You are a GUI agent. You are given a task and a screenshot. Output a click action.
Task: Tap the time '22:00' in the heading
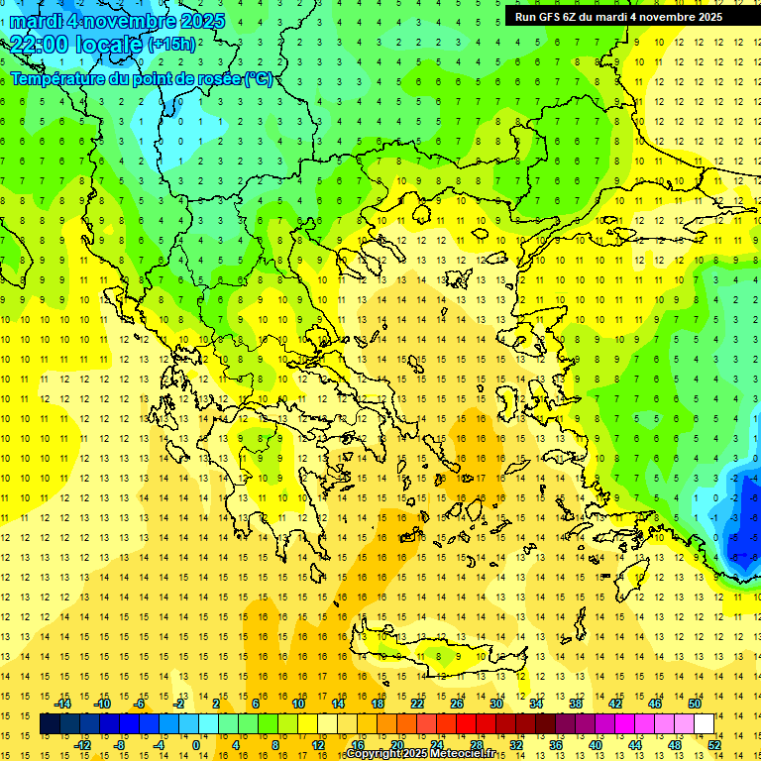pyautogui.click(x=43, y=44)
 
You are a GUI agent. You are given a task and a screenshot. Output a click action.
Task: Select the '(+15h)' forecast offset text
pyautogui.click(x=171, y=45)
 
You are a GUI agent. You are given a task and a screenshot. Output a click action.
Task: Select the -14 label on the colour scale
pyautogui.click(x=62, y=704)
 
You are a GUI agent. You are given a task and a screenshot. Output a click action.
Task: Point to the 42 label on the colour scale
pyautogui.click(x=615, y=704)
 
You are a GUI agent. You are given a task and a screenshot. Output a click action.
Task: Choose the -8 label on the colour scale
pyautogui.click(x=120, y=745)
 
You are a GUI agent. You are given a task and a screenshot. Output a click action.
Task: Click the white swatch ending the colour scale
pyautogui.click(x=705, y=724)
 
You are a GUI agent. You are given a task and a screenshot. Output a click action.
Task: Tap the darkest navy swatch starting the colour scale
pyautogui.click(x=50, y=724)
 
